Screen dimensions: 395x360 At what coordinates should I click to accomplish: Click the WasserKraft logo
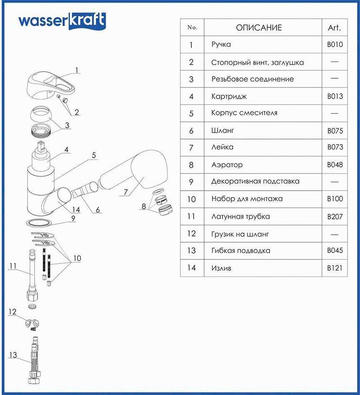click(x=62, y=21)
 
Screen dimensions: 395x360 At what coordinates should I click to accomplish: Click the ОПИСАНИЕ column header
click(x=259, y=28)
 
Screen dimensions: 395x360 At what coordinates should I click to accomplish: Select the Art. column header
click(x=334, y=28)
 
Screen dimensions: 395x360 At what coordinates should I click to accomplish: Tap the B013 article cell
click(x=335, y=96)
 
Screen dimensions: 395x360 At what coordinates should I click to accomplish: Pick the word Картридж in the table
click(x=229, y=97)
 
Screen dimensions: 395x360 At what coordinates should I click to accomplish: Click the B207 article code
click(x=335, y=216)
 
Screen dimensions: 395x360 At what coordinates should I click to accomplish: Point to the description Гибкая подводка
click(x=241, y=251)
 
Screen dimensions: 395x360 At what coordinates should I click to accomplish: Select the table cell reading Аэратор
click(x=227, y=165)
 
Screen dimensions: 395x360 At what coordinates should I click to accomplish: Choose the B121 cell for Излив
click(x=335, y=268)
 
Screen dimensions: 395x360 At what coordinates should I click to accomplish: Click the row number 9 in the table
click(x=192, y=182)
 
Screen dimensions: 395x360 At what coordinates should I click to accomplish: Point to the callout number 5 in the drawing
click(x=94, y=155)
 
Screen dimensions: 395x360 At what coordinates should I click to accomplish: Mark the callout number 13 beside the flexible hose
click(x=13, y=355)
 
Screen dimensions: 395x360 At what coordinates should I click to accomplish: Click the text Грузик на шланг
click(x=240, y=234)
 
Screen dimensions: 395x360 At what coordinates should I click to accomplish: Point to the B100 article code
click(x=335, y=199)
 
